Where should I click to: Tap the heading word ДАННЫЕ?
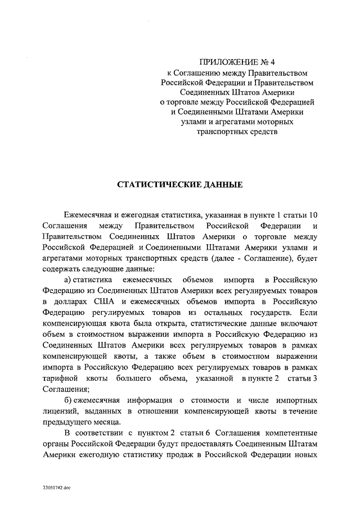pyautogui.click(x=222, y=184)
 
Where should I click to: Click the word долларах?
pyautogui.click(x=73, y=300)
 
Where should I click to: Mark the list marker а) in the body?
pyautogui.click(x=67, y=280)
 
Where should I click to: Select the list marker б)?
pyautogui.click(x=67, y=400)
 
